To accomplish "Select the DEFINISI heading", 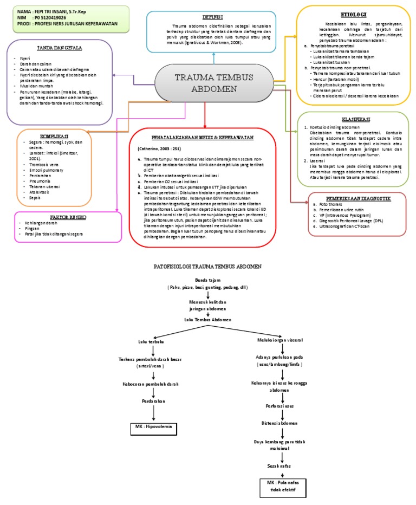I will [213, 16].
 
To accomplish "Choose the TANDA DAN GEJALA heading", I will [60, 48].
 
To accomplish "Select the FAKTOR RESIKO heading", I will [56, 217].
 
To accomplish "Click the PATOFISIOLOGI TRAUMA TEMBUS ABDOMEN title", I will [208, 267].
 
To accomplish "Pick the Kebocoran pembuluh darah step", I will [154, 384].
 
